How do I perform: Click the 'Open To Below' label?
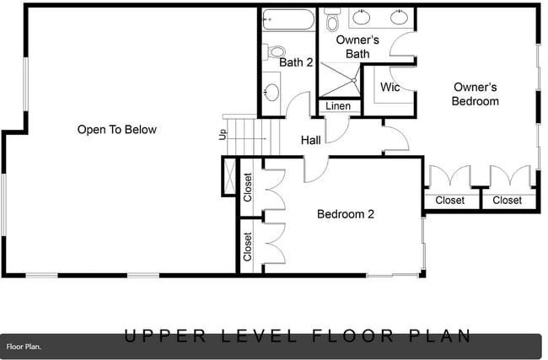tap(117, 130)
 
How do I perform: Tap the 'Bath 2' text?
tap(296, 62)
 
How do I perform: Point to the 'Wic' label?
tap(390, 88)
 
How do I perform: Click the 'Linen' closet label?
tap(338, 107)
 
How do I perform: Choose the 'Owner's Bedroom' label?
tap(475, 94)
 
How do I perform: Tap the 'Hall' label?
tap(310, 140)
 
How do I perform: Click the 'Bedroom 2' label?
tap(345, 214)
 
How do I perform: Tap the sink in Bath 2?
tap(271, 92)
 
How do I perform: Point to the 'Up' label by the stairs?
tap(223, 134)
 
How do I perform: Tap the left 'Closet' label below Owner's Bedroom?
tap(449, 201)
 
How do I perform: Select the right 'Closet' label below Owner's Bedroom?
tap(507, 201)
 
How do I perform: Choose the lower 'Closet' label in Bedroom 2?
tap(248, 246)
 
